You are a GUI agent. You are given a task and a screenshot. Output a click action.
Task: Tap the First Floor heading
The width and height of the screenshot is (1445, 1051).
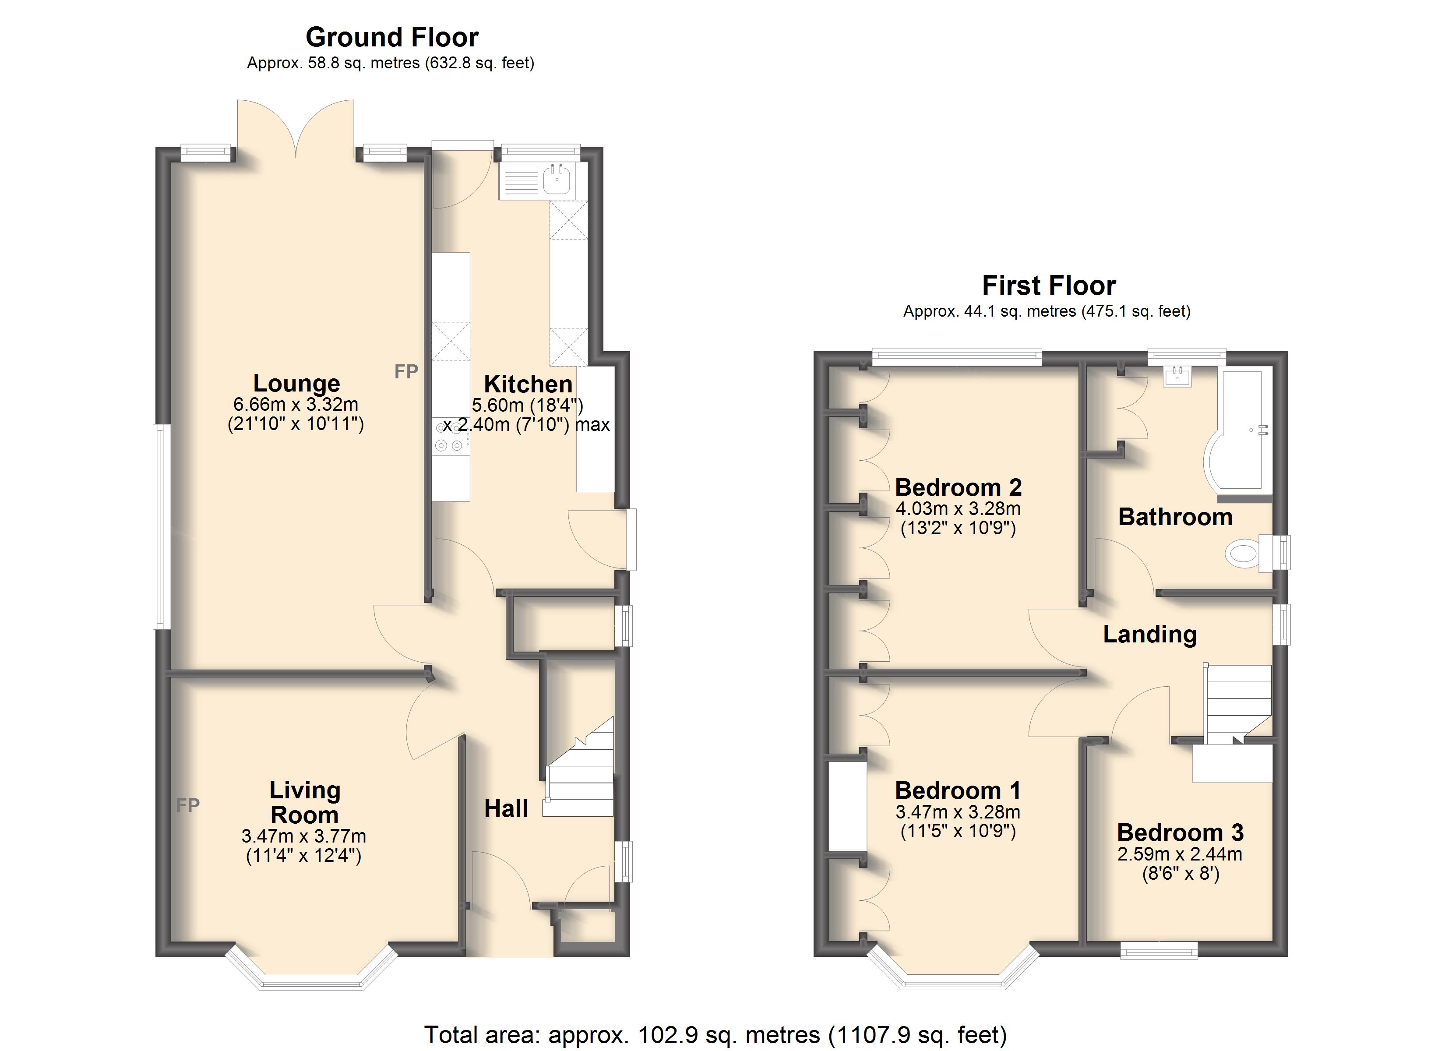click(x=1049, y=286)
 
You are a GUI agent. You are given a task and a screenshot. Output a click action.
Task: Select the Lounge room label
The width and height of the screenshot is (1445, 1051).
click(x=296, y=383)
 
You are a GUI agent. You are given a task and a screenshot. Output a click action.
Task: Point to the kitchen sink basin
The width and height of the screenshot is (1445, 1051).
click(x=556, y=179)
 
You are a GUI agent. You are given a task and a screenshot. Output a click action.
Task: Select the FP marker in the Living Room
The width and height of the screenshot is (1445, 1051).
click(x=188, y=805)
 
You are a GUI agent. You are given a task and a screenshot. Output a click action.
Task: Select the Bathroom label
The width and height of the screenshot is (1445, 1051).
click(x=1176, y=516)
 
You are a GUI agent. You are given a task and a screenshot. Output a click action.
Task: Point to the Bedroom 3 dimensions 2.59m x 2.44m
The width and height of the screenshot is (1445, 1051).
click(x=1180, y=853)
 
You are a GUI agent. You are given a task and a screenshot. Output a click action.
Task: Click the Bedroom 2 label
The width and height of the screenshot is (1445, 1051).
click(x=958, y=487)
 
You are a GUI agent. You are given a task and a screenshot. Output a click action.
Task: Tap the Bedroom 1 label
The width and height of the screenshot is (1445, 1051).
click(x=958, y=790)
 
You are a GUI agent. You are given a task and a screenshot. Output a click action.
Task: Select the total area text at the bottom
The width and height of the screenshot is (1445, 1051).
click(x=715, y=1034)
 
